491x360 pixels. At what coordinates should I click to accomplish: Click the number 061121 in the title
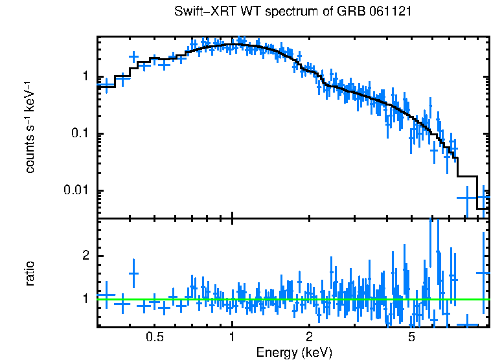pos(389,12)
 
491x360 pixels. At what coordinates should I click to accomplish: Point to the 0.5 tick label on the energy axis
pos(154,338)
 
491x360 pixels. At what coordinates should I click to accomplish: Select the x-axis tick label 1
pos(232,338)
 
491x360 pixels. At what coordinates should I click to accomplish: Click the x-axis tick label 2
pos(309,338)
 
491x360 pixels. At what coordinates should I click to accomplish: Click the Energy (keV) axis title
pos(293,352)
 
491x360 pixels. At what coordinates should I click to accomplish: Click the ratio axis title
pos(30,273)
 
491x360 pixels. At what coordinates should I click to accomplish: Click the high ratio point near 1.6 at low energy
pos(133,273)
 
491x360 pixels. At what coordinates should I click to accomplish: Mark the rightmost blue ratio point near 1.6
pos(483,273)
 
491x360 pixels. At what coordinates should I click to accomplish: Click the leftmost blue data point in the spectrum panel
pos(106,85)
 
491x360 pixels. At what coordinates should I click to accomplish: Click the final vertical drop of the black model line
pos(477,192)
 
